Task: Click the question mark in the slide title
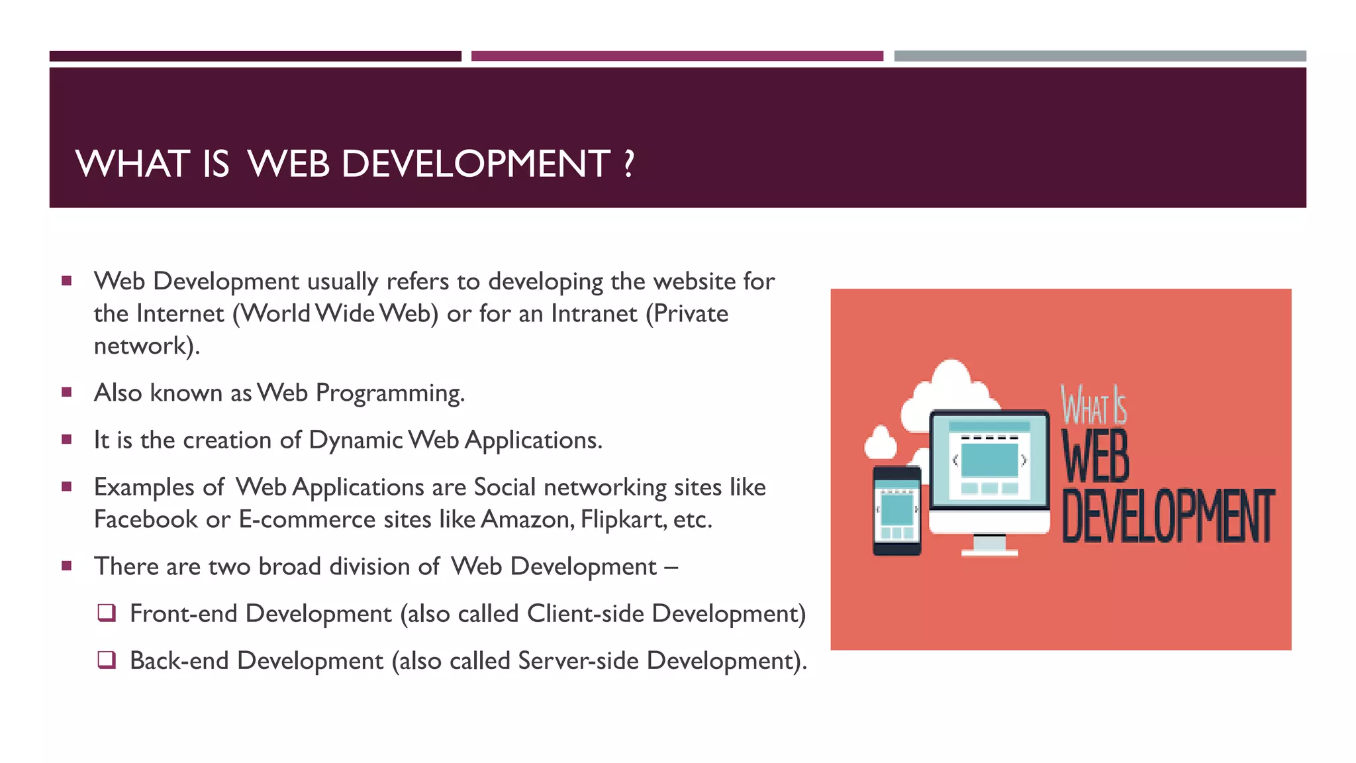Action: tap(628, 164)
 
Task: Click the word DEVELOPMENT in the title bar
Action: tap(475, 164)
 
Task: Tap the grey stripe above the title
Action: tap(1100, 56)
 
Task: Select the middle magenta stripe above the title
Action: tap(677, 56)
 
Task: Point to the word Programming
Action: tap(389, 393)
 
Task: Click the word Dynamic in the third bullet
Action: tap(356, 440)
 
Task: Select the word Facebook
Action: tap(146, 519)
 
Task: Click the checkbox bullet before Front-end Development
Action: tap(107, 613)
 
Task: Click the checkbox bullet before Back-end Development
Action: tap(107, 660)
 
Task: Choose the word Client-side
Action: tap(585, 613)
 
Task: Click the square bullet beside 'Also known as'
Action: tap(66, 392)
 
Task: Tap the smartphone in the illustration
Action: tap(896, 510)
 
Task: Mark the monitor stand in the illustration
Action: tap(989, 544)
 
